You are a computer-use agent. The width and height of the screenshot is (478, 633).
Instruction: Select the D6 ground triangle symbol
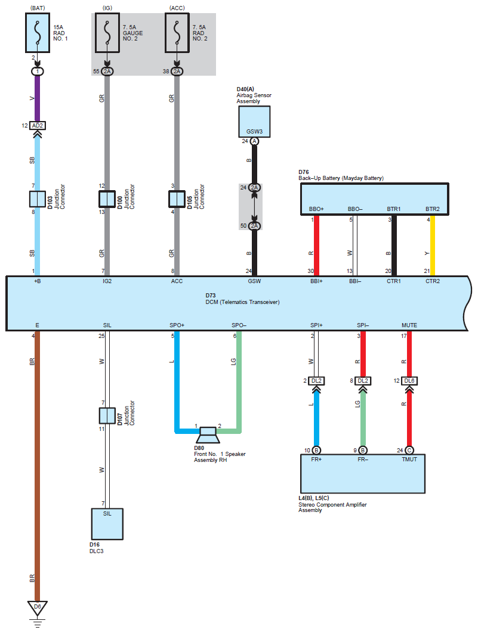(37, 607)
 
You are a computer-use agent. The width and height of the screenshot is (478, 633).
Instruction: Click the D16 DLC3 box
(107, 523)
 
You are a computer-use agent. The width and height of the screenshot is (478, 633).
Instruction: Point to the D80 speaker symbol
(209, 433)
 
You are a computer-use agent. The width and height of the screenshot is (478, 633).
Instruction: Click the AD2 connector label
(37, 126)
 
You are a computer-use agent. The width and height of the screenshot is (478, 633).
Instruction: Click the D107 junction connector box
(107, 415)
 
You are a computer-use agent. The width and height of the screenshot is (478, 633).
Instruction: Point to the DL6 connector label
(409, 381)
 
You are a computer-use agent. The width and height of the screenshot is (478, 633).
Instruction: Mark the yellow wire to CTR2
(433, 244)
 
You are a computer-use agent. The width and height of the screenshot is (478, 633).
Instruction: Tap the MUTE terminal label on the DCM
(409, 325)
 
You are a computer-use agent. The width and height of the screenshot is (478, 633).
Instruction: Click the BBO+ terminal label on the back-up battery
(316, 209)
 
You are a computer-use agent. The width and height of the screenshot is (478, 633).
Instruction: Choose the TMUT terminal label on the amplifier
(409, 460)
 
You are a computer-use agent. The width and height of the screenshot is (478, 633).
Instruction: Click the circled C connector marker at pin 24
(409, 450)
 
